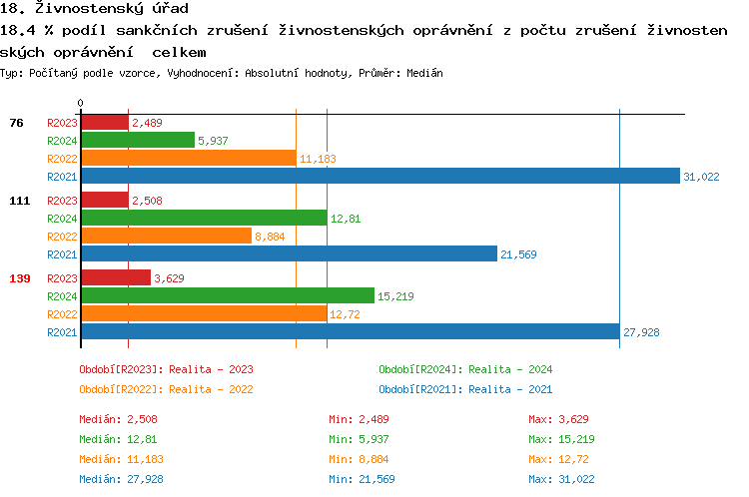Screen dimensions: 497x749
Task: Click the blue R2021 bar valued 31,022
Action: [x=379, y=177]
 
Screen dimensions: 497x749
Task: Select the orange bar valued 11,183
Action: [x=188, y=158]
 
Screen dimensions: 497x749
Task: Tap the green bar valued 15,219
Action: [x=227, y=296]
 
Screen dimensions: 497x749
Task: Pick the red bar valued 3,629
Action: [x=115, y=278]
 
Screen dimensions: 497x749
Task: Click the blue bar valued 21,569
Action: [x=288, y=254]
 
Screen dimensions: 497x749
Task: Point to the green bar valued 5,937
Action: [x=137, y=141]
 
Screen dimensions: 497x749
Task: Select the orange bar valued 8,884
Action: [x=165, y=236]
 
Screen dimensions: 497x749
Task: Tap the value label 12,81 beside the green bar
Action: [x=346, y=219]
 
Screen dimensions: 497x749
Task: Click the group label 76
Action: [x=16, y=123]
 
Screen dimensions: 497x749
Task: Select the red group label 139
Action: [x=19, y=278]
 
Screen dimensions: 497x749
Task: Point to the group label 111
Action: [x=19, y=201]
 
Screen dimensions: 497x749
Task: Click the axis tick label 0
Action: [x=81, y=104]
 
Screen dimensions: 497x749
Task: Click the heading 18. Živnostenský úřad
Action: [x=94, y=9]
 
